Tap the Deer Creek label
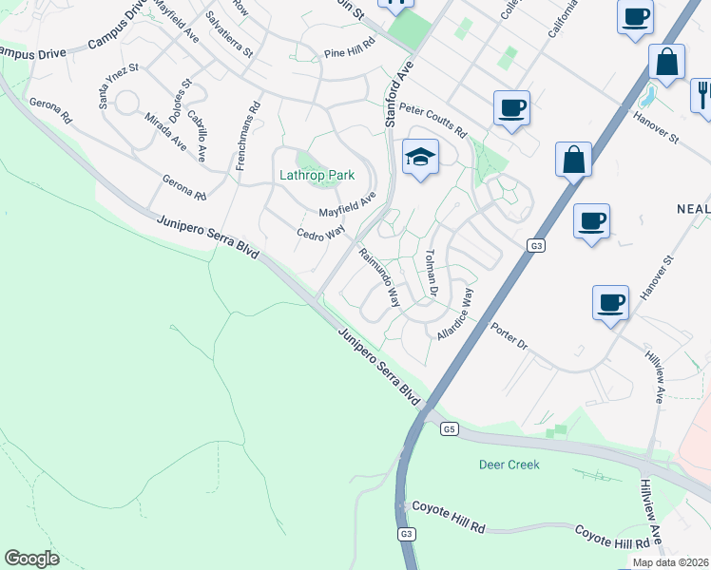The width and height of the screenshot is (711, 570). tap(509, 465)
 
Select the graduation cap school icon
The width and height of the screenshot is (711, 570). tap(420, 158)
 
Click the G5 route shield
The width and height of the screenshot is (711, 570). tap(451, 429)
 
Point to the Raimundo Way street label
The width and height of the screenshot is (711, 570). tap(378, 276)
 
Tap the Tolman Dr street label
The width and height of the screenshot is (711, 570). tap(431, 270)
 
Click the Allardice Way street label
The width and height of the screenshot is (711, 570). tap(455, 315)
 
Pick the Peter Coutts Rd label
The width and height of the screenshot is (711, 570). tap(433, 120)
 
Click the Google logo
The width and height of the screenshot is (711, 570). tap(32, 559)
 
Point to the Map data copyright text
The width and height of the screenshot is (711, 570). tap(670, 562)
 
